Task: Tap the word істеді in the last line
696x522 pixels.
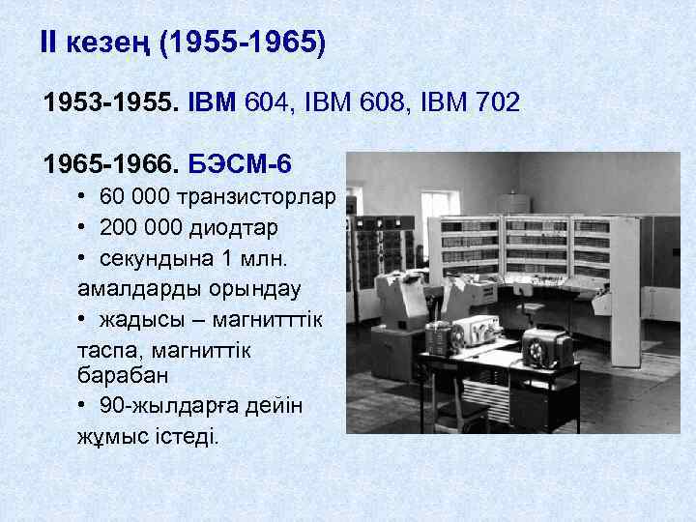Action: tap(189, 436)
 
